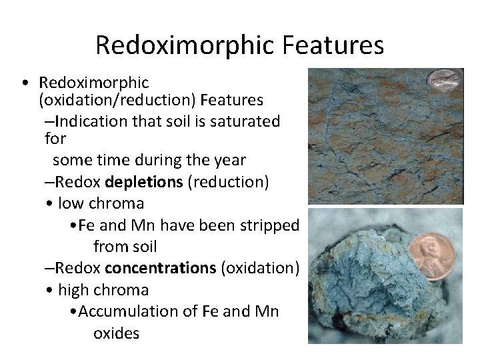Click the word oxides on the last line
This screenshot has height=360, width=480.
click(116, 333)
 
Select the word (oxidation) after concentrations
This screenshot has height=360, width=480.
click(260, 269)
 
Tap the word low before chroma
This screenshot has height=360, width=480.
click(71, 203)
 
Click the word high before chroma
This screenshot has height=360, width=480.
click(74, 290)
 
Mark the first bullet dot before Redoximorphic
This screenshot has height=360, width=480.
click(24, 84)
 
